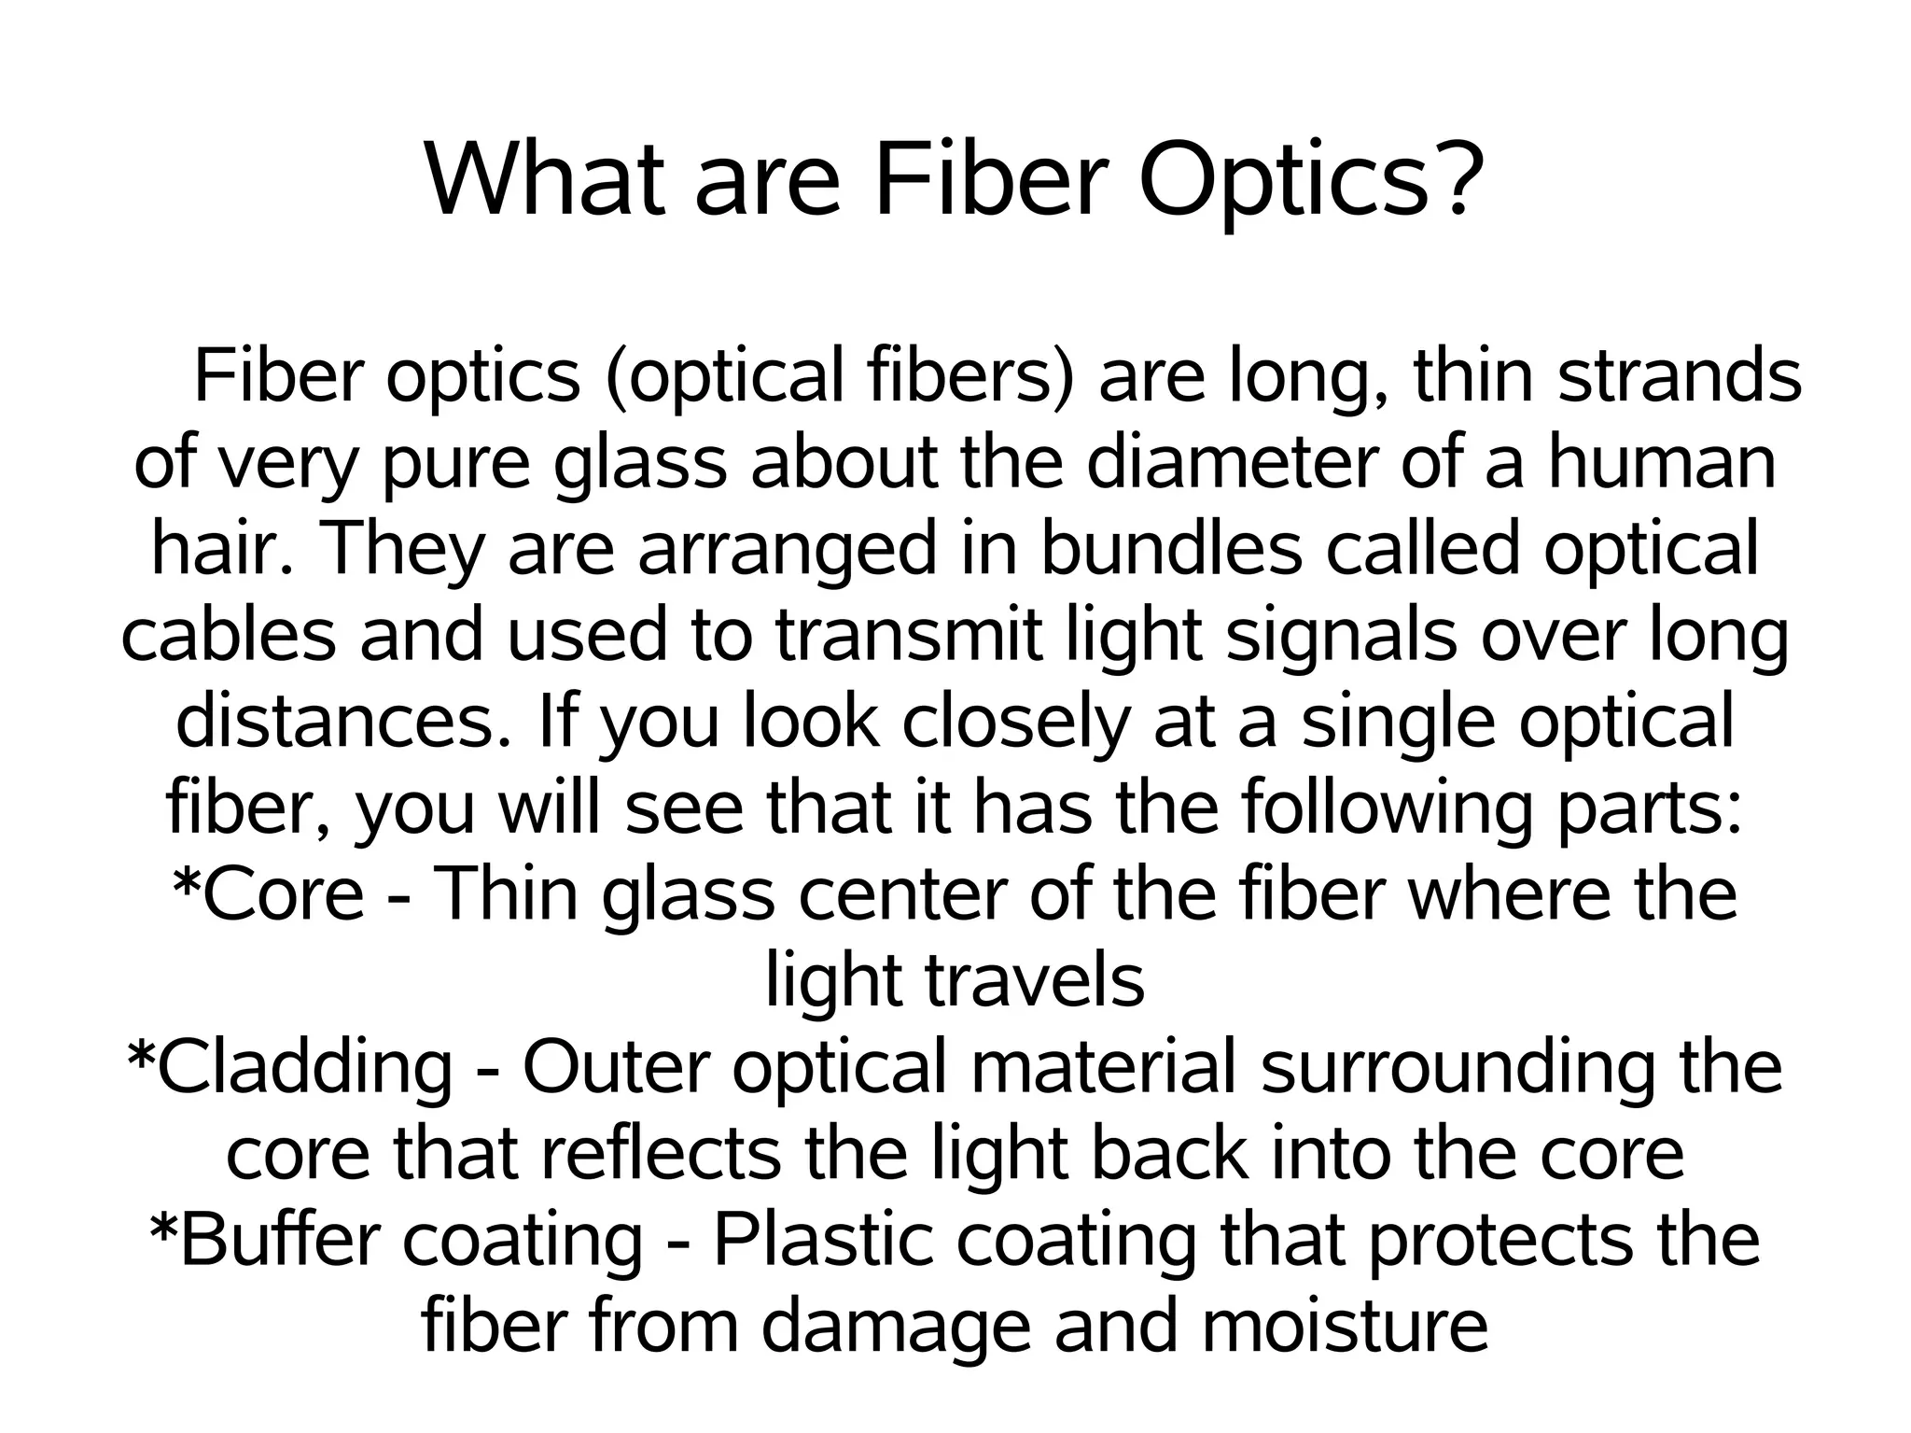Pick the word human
click(1662, 463)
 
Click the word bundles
click(1170, 549)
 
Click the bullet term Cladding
click(304, 1067)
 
